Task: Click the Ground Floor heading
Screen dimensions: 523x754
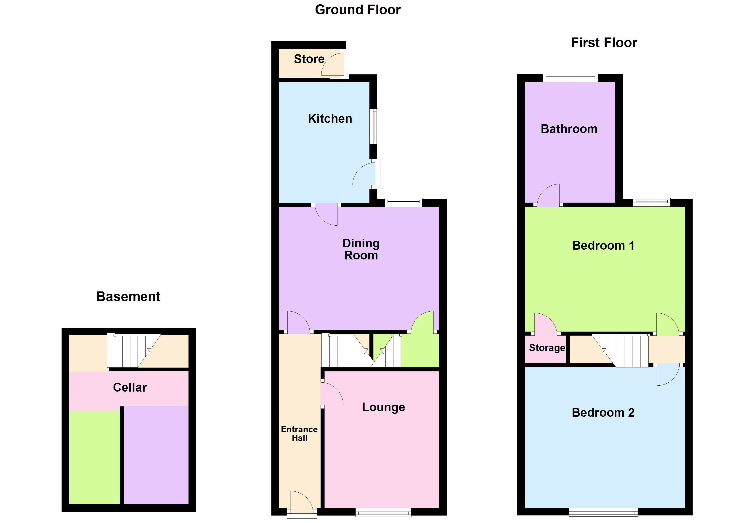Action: coord(358,10)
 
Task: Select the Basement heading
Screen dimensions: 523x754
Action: coord(128,296)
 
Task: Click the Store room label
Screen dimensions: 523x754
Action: coord(309,59)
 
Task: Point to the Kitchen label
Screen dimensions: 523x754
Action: coord(330,119)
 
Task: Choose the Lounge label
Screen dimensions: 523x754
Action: coord(383,407)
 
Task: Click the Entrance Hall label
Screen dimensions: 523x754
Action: coord(299,434)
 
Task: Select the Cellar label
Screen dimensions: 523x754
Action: coord(130,387)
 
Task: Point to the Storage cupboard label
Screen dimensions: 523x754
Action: coord(547,348)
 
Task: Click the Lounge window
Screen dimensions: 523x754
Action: coord(383,512)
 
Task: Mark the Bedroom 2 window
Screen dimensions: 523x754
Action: coord(603,512)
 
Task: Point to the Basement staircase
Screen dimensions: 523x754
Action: coord(134,351)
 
